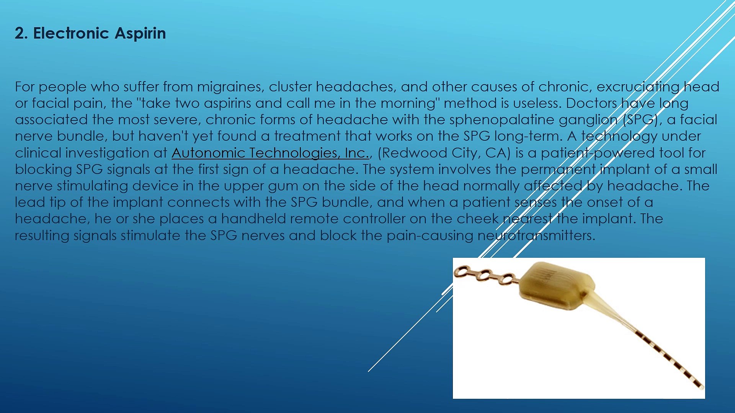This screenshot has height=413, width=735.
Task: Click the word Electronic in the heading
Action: (71, 33)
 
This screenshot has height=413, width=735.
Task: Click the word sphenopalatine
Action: (502, 120)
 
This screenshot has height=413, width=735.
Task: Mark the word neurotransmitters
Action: (536, 236)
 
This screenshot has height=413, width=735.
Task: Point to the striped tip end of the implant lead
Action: (699, 384)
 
